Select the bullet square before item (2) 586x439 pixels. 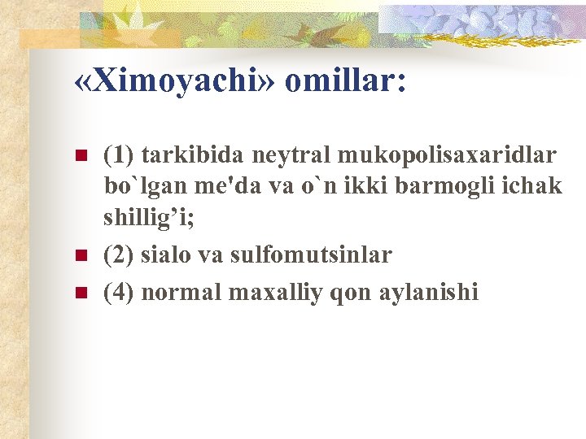coord(80,256)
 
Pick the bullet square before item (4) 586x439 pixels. coord(80,291)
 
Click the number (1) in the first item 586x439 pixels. coord(120,154)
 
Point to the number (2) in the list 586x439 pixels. coord(120,255)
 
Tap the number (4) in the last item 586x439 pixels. coord(120,291)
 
